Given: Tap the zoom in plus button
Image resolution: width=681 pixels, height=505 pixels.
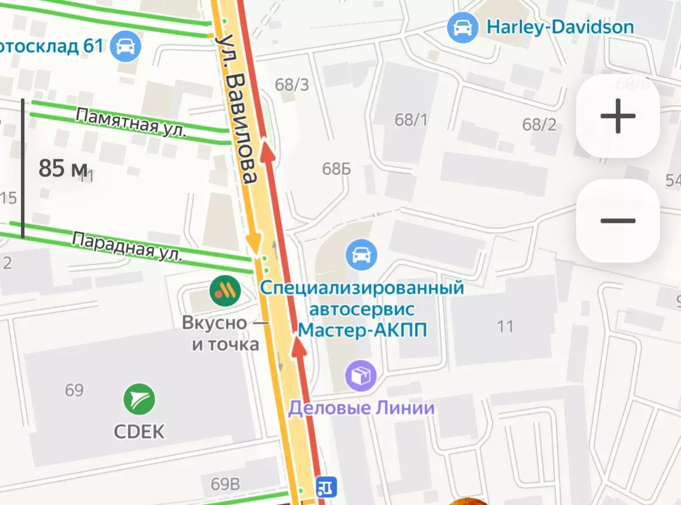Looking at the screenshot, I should (x=618, y=116).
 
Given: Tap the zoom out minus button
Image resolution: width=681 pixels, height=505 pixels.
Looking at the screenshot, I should (x=618, y=221).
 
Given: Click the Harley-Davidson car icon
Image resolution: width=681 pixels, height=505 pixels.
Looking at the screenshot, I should (x=463, y=27).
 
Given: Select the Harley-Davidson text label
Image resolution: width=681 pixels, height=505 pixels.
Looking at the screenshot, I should (x=560, y=27).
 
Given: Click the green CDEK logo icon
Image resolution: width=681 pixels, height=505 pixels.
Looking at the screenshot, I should (x=139, y=400).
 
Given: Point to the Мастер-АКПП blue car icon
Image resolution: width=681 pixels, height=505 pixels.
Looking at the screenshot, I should (x=361, y=255).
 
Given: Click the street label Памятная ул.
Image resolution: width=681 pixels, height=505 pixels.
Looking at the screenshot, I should (x=131, y=123).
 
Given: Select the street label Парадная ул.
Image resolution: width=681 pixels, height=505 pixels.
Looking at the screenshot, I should (x=127, y=246).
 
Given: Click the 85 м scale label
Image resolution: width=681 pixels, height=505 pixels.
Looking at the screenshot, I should (x=63, y=169).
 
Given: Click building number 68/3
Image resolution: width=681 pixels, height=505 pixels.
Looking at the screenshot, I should (x=292, y=85).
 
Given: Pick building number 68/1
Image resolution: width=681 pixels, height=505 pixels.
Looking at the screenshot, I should (x=411, y=120).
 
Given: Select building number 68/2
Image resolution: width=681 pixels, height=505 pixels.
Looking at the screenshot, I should (x=539, y=124).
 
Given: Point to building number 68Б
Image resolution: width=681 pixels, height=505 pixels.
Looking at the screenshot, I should (x=337, y=169).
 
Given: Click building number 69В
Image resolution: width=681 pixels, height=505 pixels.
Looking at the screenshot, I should (x=225, y=484).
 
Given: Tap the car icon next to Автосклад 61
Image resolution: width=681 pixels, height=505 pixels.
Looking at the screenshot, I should (x=125, y=45).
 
